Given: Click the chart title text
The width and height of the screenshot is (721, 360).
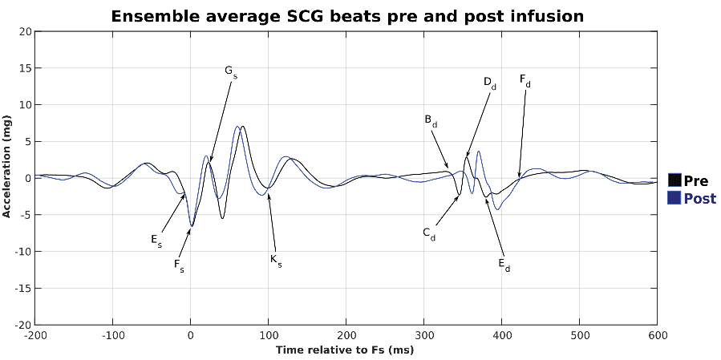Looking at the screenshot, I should pyautogui.click(x=346, y=16).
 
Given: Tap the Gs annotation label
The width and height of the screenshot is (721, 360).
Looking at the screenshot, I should pyautogui.click(x=230, y=72).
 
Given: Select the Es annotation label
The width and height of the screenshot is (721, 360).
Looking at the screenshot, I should pyautogui.click(x=156, y=239).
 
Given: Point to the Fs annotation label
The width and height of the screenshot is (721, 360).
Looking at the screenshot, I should pyautogui.click(x=179, y=265).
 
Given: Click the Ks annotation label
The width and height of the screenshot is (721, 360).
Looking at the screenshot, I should pyautogui.click(x=276, y=260).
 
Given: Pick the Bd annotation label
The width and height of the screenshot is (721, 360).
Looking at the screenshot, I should pyautogui.click(x=431, y=120).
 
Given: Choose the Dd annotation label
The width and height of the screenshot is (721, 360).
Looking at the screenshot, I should pyautogui.click(x=489, y=83).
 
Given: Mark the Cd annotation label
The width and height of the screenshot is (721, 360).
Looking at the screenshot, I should pyautogui.click(x=429, y=233).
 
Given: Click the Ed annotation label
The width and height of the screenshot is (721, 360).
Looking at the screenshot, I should pyautogui.click(x=504, y=265).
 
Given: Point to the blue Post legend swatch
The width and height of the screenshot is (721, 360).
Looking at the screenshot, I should pyautogui.click(x=674, y=198).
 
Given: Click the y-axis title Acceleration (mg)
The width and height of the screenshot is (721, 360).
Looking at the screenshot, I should pyautogui.click(x=7, y=167).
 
